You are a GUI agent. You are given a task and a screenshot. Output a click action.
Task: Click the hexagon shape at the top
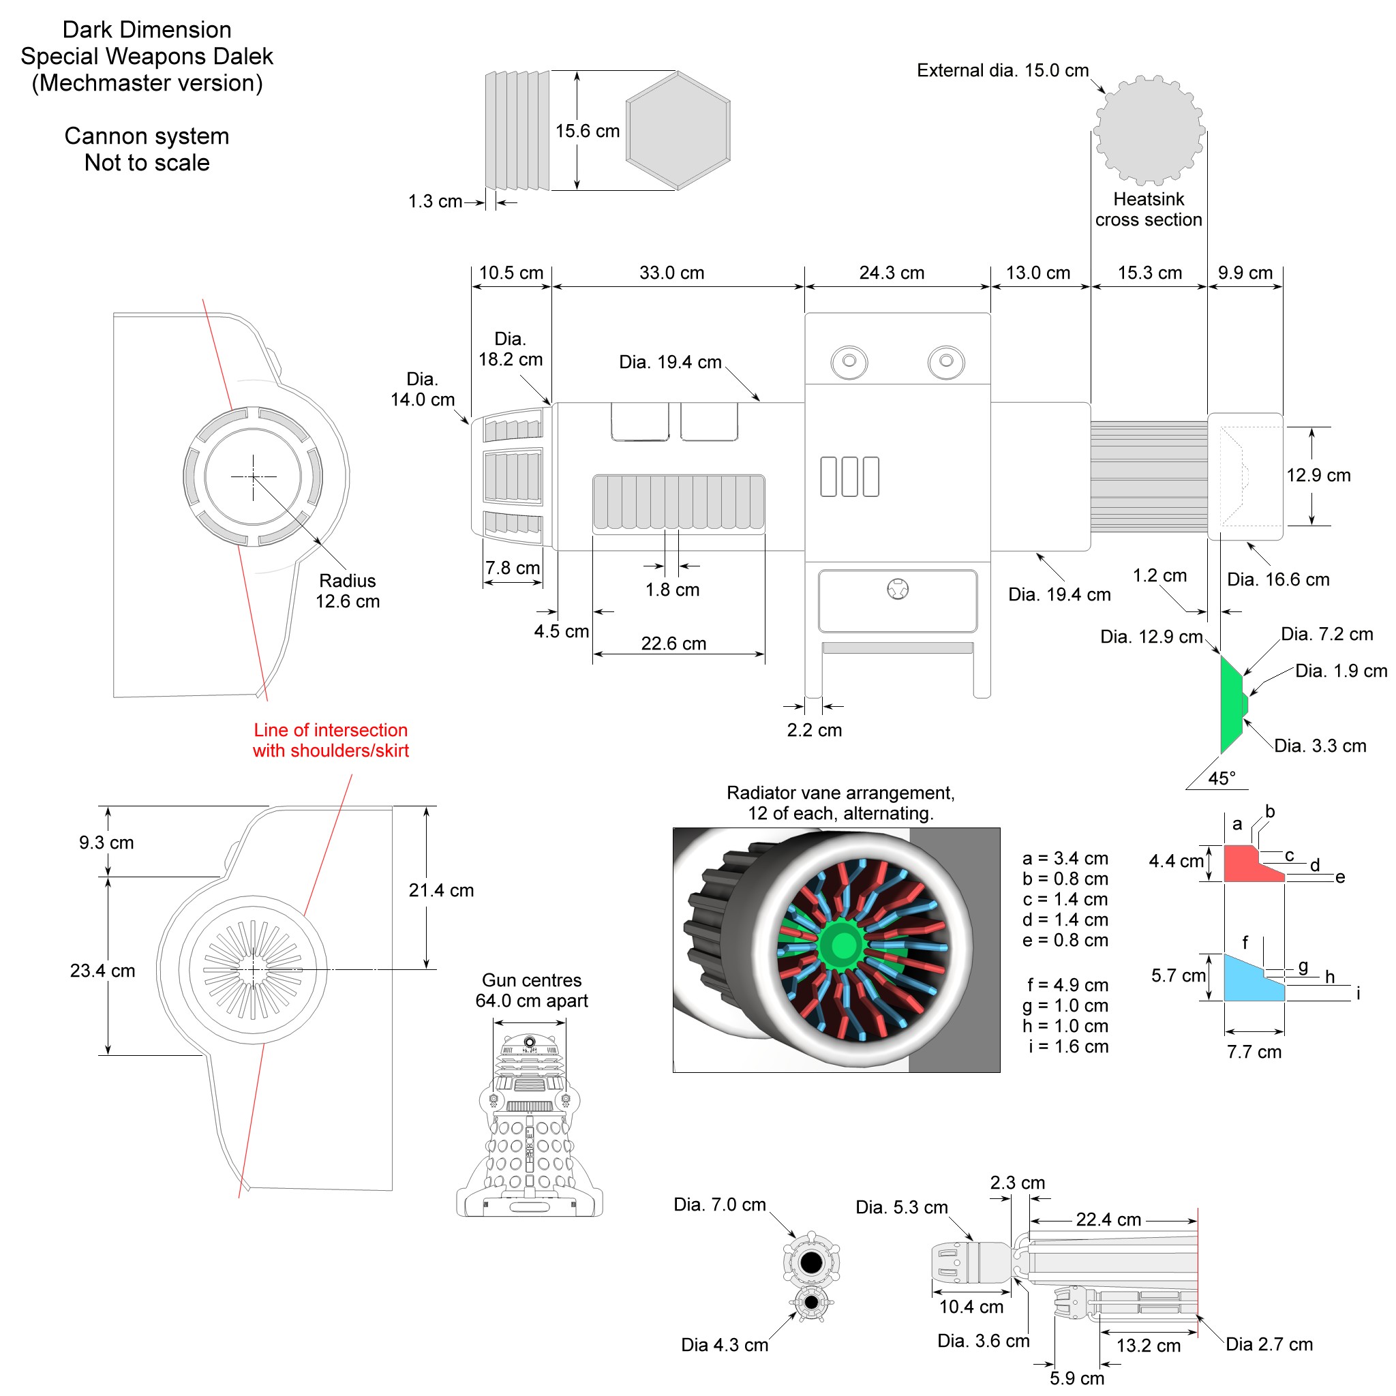pyautogui.click(x=677, y=131)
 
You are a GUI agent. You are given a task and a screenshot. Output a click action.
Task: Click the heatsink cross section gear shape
pyautogui.click(x=1148, y=131)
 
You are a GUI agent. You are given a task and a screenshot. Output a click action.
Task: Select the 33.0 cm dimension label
pyautogui.click(x=671, y=273)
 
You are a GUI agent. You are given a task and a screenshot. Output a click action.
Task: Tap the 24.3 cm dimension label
pyautogui.click(x=892, y=273)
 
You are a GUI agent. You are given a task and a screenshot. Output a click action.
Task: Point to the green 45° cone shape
pyautogui.click(x=1230, y=705)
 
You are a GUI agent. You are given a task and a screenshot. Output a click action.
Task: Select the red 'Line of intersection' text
pyautogui.click(x=331, y=740)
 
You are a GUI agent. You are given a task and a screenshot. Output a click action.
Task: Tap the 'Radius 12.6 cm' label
pyautogui.click(x=348, y=591)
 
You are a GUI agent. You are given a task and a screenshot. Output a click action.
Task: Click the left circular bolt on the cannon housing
pyautogui.click(x=849, y=361)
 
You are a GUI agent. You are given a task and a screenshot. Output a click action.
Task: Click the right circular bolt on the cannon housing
pyautogui.click(x=946, y=361)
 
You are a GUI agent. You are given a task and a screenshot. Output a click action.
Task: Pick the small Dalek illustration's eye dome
pyautogui.click(x=530, y=1042)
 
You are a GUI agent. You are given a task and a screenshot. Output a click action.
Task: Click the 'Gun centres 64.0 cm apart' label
pyautogui.click(x=531, y=990)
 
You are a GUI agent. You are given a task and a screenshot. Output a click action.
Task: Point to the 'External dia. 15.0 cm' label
pyautogui.click(x=1002, y=71)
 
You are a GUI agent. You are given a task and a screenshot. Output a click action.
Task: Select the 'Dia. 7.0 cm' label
pyautogui.click(x=720, y=1204)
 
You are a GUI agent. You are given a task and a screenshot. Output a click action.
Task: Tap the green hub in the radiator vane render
pyautogui.click(x=843, y=944)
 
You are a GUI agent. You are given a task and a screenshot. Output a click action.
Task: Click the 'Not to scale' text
pyautogui.click(x=147, y=163)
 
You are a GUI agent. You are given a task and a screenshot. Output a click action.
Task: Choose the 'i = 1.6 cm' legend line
pyautogui.click(x=1068, y=1046)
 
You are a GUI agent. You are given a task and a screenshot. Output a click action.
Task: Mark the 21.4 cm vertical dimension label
pyautogui.click(x=441, y=890)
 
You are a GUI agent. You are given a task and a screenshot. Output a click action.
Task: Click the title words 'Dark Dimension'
pyautogui.click(x=147, y=29)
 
